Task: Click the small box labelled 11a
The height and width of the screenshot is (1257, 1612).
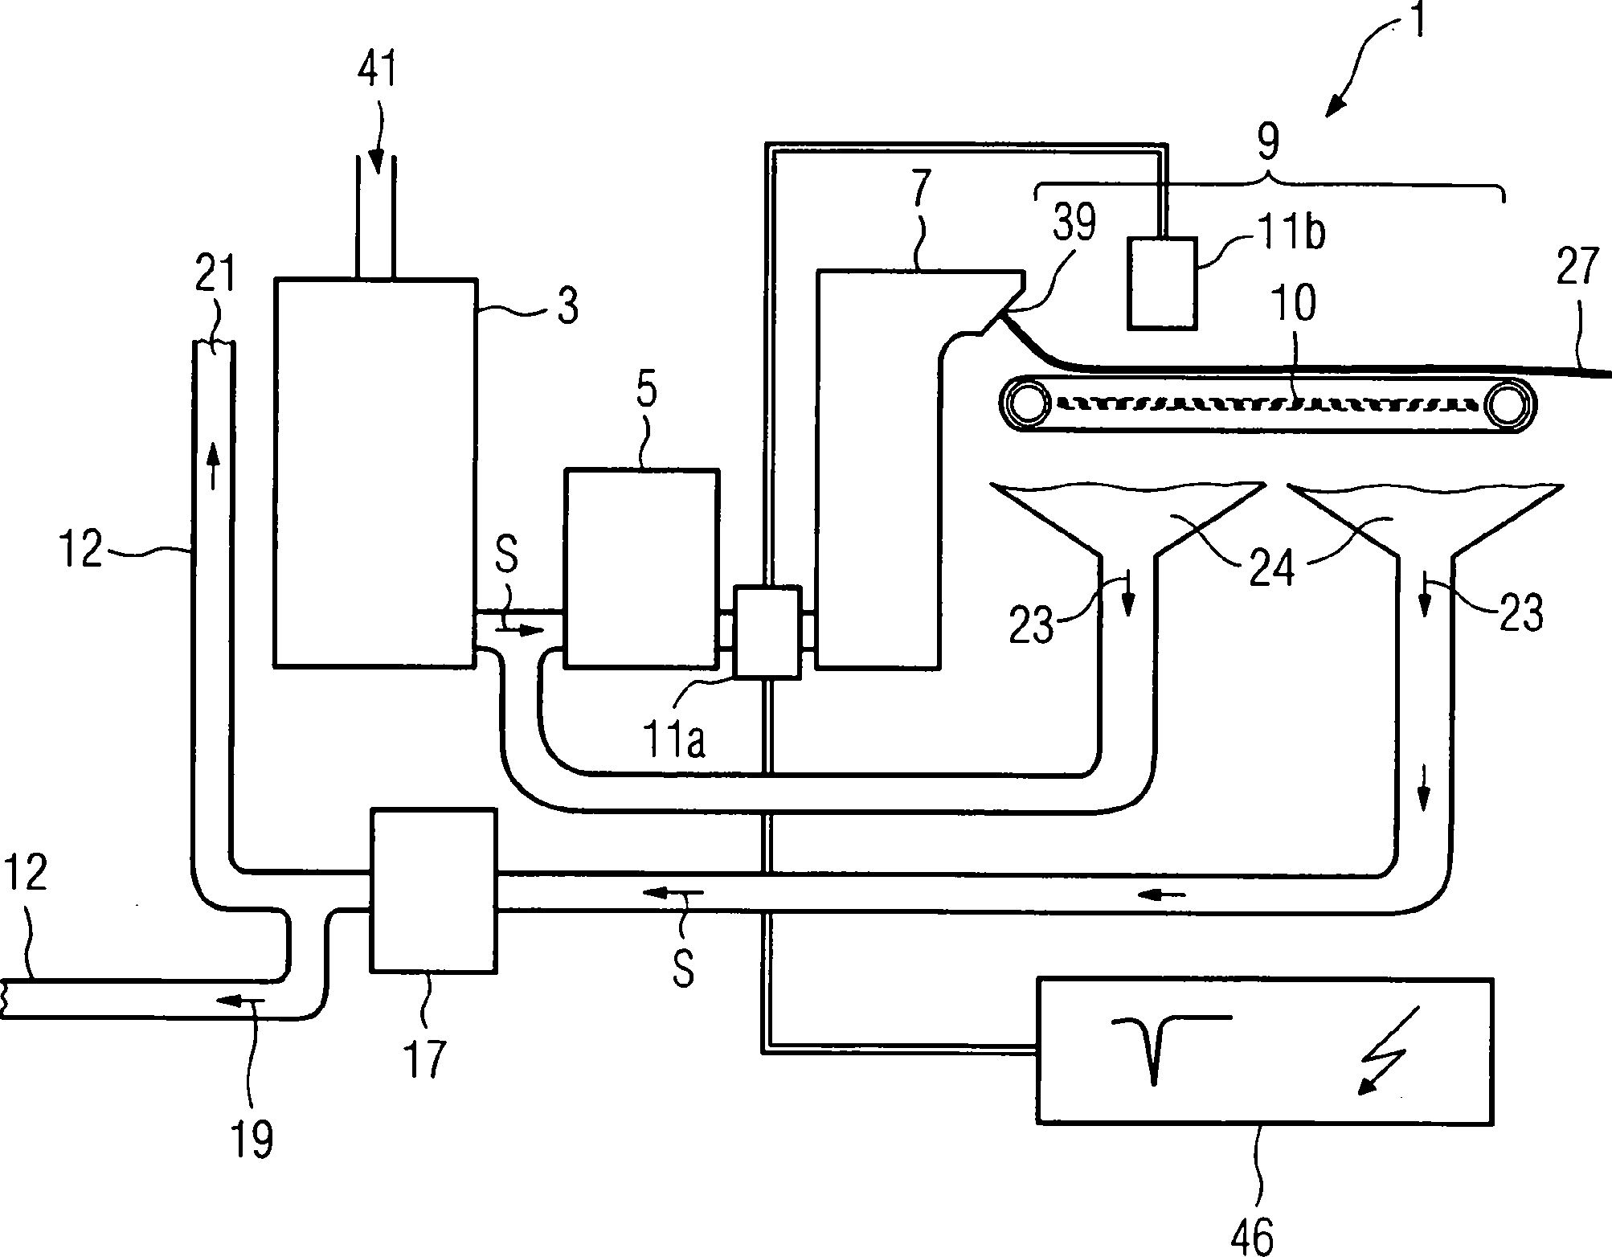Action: pyautogui.click(x=768, y=632)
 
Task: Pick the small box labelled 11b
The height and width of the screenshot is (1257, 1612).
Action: pyautogui.click(x=1161, y=283)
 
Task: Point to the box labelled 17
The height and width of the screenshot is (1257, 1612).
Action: pyautogui.click(x=433, y=891)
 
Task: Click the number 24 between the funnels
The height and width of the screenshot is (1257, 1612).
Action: pyautogui.click(x=1273, y=567)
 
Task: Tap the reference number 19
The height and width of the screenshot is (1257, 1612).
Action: pyautogui.click(x=253, y=1138)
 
